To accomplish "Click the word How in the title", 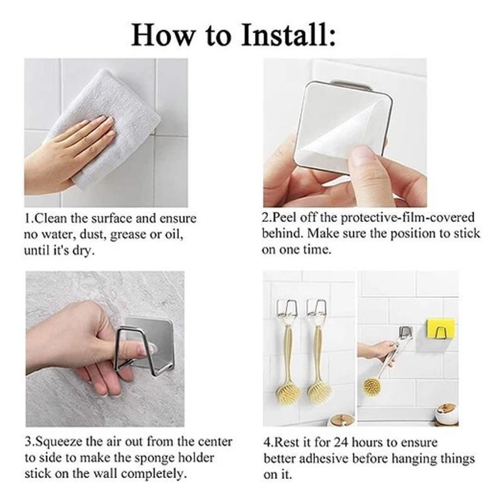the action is tap(162, 35).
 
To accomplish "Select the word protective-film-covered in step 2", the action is tap(407, 218).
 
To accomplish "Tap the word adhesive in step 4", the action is tap(323, 459).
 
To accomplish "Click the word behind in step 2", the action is tap(282, 233).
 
